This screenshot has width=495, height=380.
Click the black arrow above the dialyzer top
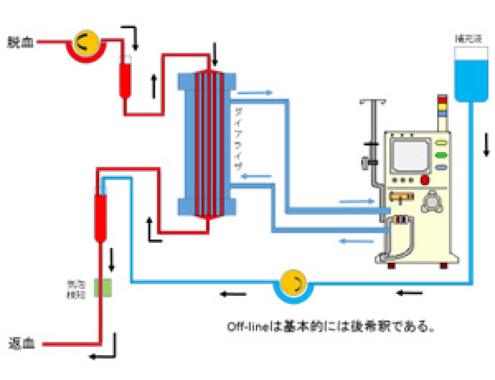(215, 52)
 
